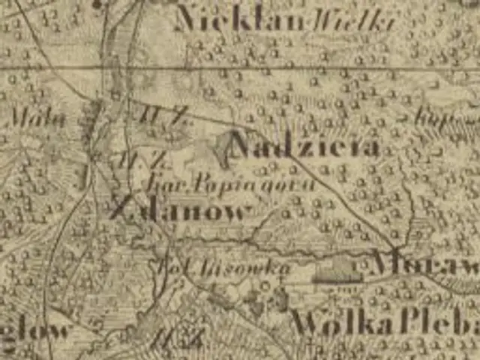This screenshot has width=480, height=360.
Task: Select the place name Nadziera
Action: pos(304,145)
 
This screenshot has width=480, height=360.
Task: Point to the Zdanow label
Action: pos(180,209)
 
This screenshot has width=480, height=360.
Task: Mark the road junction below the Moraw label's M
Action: pos(394,247)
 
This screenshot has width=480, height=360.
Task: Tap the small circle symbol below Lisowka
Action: pos(264,286)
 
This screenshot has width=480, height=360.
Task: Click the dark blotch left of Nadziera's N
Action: pos(223,147)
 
